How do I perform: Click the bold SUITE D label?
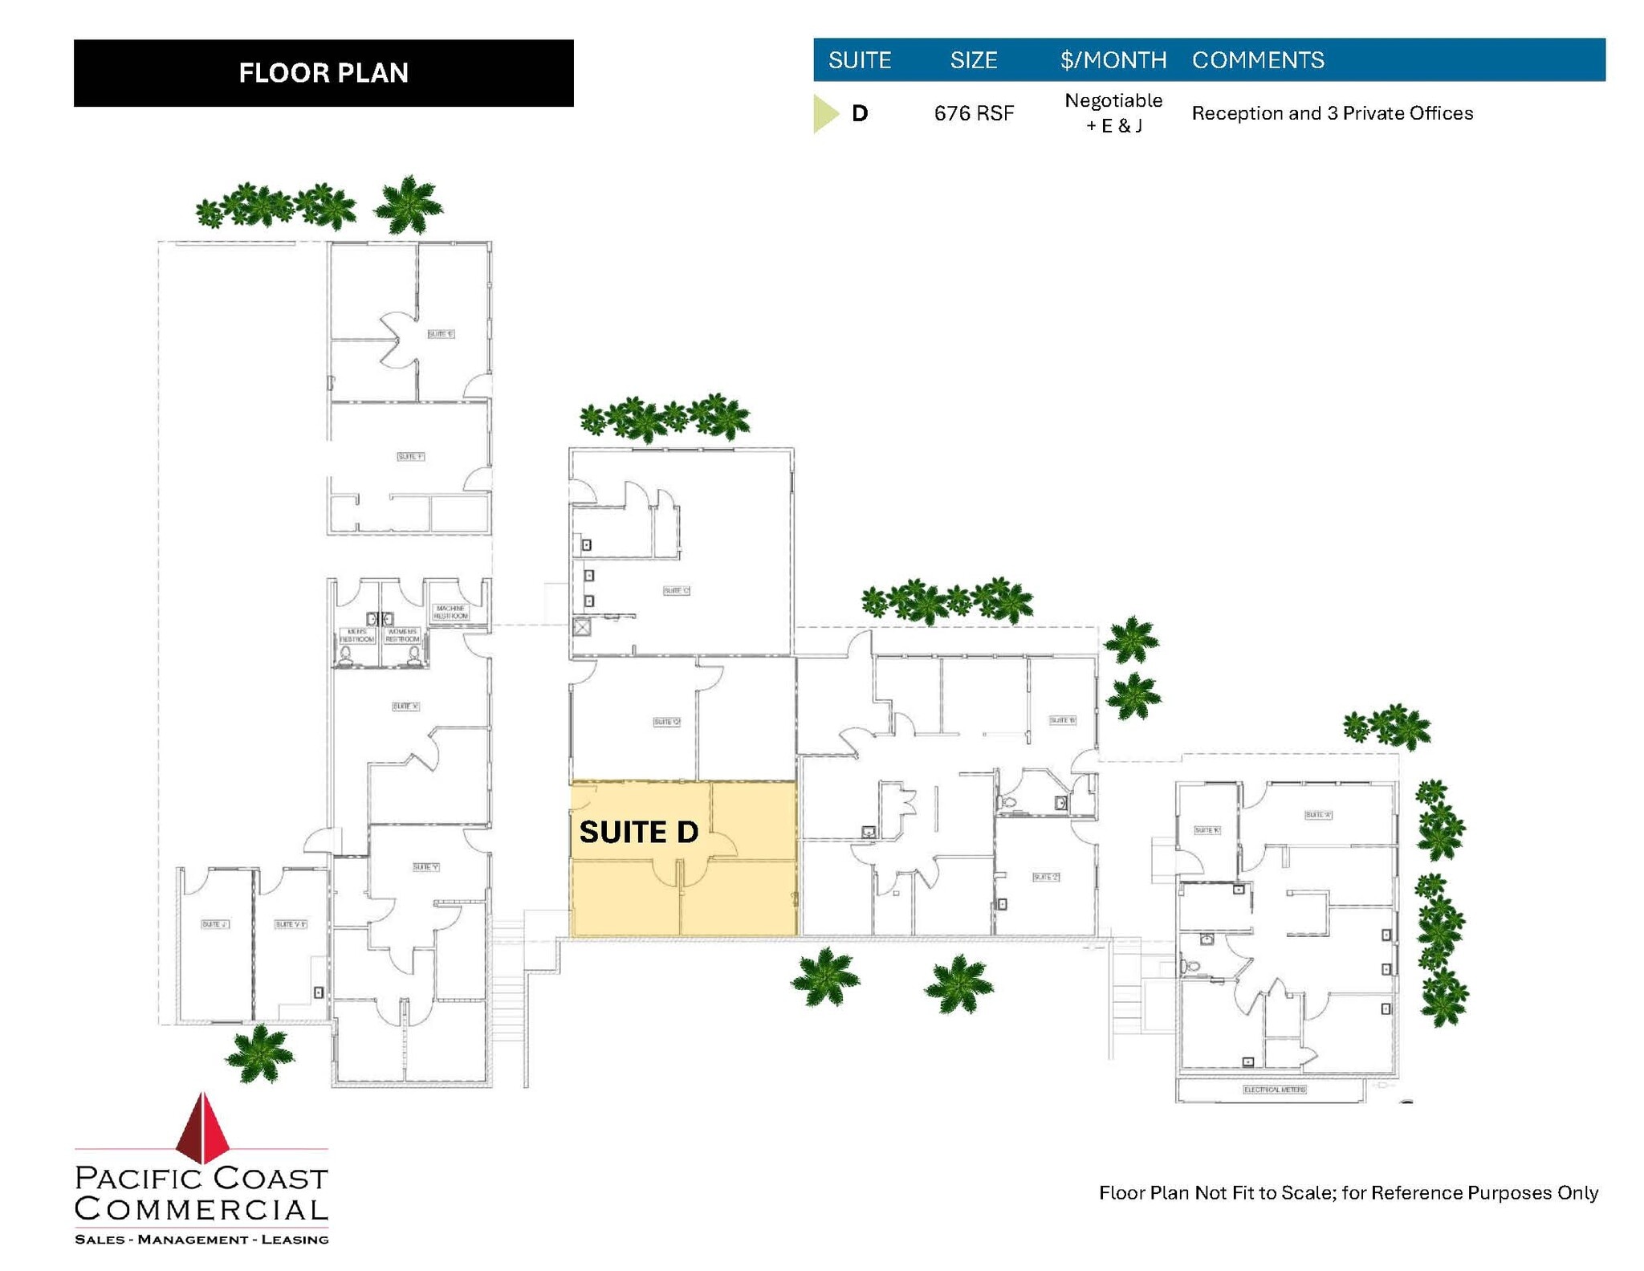click(x=638, y=832)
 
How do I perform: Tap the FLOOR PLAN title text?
click(x=324, y=73)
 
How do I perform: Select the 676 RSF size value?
click(x=973, y=113)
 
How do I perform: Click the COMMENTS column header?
click(x=1257, y=60)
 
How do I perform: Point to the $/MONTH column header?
click(x=1113, y=60)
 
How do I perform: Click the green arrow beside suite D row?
click(x=824, y=113)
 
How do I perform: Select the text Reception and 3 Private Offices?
click(x=1332, y=113)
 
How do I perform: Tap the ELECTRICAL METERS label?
click(x=1274, y=1090)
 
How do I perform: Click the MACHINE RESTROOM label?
click(x=450, y=612)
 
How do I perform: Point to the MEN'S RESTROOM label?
click(x=356, y=635)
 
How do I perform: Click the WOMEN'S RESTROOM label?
click(x=402, y=635)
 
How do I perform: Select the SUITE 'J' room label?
click(x=214, y=924)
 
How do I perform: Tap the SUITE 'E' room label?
click(x=440, y=334)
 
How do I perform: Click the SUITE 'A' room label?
click(x=1317, y=815)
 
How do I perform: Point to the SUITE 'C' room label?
click(x=676, y=591)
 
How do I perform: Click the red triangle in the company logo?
click(x=204, y=1127)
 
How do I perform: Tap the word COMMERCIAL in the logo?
click(x=201, y=1208)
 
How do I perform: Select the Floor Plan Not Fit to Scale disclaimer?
click(x=1348, y=1192)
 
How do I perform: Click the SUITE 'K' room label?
click(x=1207, y=830)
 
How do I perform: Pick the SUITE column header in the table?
click(x=859, y=60)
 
